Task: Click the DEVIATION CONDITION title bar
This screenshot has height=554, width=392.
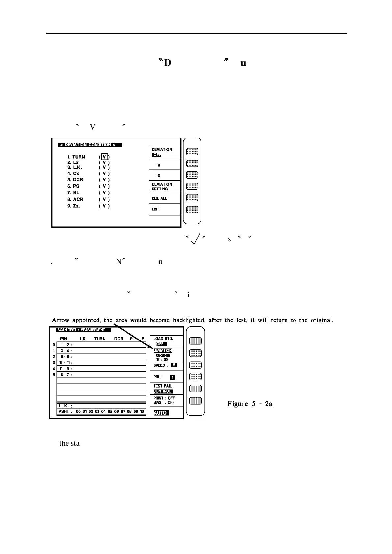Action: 90,145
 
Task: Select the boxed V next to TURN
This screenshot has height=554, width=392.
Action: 104,157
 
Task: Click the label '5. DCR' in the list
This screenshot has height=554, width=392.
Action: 75,180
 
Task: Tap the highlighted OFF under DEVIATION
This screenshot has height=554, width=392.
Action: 156,155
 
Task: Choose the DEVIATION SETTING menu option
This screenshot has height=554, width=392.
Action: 162,187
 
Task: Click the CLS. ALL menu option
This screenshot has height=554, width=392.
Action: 159,198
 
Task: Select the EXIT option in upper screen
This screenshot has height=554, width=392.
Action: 155,209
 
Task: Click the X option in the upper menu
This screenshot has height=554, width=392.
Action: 159,176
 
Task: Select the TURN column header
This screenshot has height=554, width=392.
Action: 100,339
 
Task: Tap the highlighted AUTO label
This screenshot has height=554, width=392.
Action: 161,413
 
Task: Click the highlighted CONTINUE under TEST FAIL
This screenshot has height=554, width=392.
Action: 163,391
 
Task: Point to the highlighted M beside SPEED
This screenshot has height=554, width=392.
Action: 174,365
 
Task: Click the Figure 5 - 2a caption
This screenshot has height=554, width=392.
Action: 250,404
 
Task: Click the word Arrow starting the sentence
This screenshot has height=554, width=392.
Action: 61,320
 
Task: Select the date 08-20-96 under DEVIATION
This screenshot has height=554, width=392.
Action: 163,355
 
